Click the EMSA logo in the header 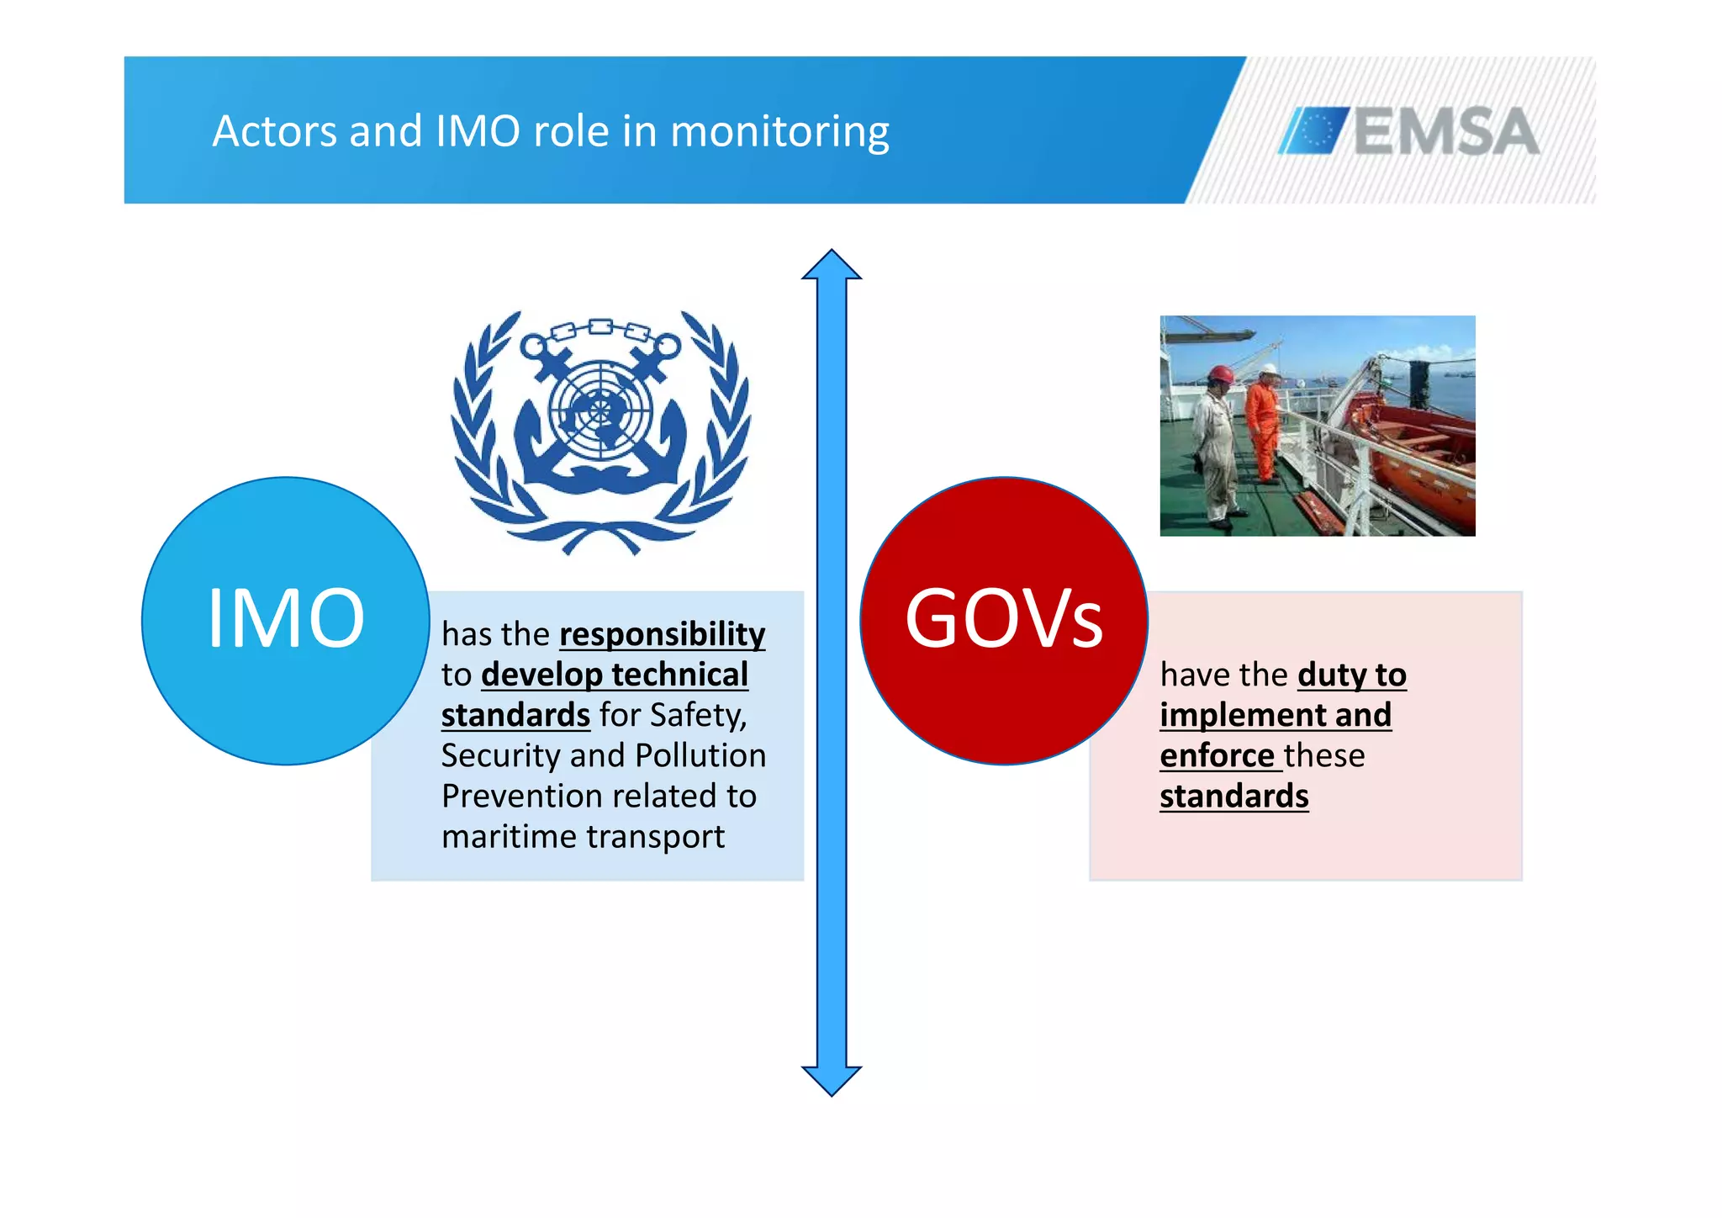[x=1409, y=131]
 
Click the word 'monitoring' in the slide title [x=779, y=132]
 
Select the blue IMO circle [x=286, y=621]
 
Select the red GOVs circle [x=1004, y=621]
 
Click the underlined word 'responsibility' [x=663, y=634]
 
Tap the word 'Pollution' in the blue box [x=700, y=755]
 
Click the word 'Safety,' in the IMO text [x=698, y=715]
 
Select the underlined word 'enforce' [x=1217, y=755]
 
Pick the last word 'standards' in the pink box [x=1233, y=796]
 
